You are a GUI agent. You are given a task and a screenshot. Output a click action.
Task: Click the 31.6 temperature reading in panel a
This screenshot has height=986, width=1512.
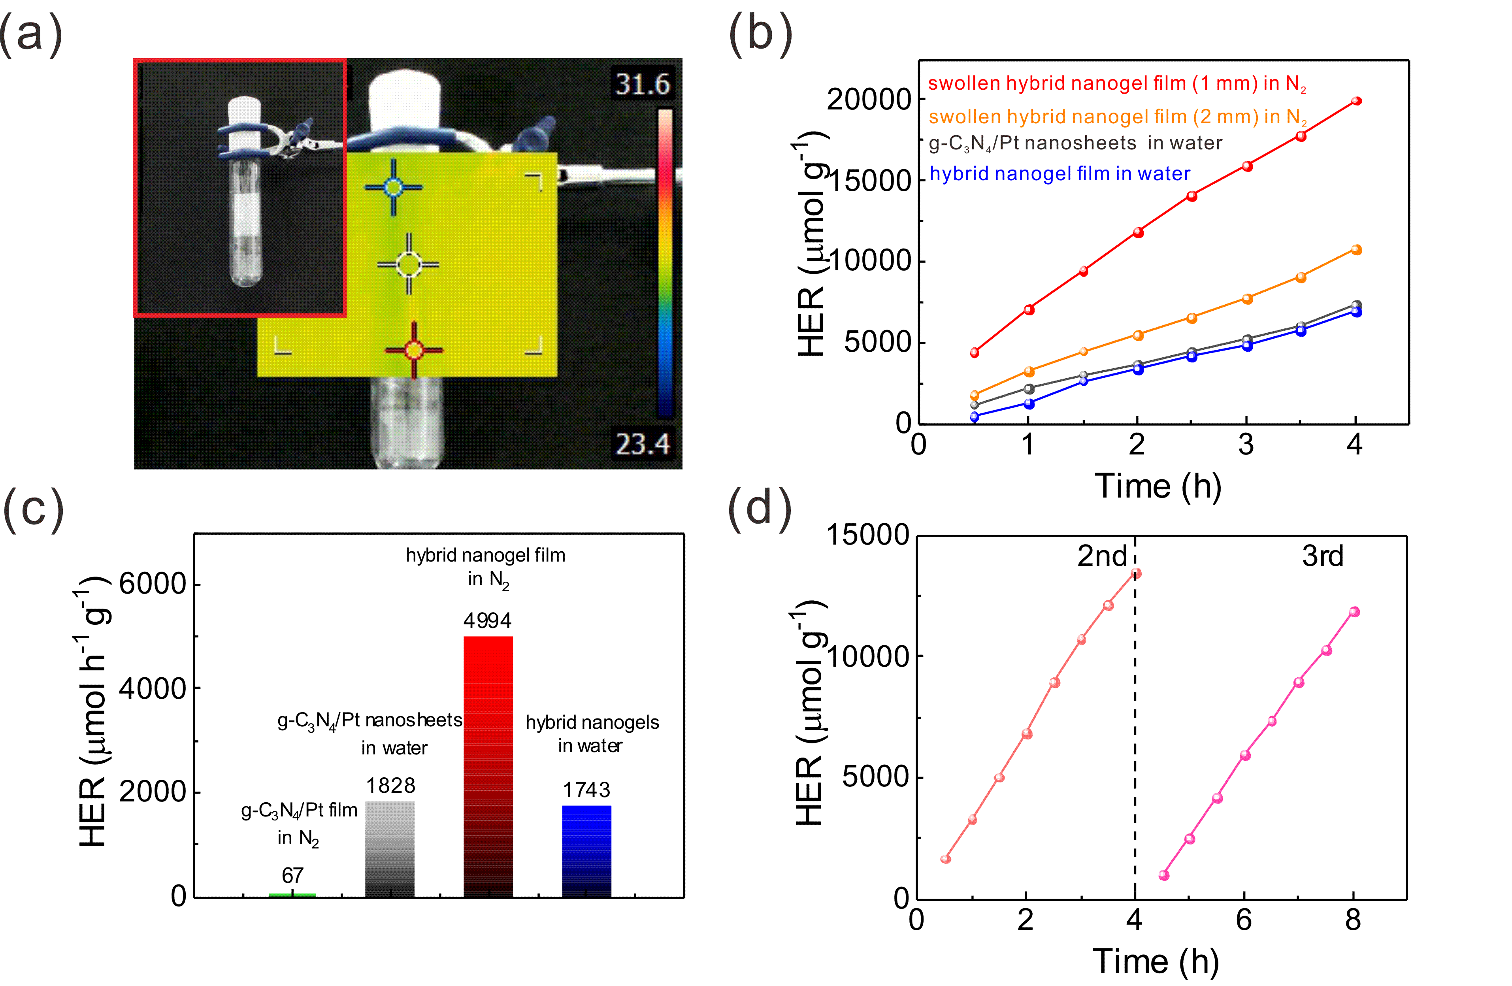tap(642, 84)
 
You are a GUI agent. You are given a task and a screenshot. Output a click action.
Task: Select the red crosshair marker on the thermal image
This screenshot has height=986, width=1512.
tap(414, 350)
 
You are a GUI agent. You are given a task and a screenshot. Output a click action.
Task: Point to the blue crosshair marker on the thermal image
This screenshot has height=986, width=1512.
tap(393, 187)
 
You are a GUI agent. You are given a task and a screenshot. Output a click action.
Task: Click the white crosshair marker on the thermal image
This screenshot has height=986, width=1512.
tap(409, 264)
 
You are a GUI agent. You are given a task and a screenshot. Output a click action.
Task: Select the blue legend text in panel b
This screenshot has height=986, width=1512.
tap(1060, 173)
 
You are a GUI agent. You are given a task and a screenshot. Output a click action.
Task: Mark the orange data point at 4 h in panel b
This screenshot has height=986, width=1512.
tap(1356, 250)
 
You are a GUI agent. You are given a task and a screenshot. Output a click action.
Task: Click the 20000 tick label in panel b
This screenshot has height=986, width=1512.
tap(869, 100)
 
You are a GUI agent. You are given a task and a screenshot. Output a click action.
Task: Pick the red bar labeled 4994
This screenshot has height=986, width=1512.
tap(488, 766)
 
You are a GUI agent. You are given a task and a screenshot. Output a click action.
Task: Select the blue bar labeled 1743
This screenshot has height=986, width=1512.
tap(586, 851)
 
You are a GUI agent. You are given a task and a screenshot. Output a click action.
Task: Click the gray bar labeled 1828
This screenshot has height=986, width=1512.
tap(389, 849)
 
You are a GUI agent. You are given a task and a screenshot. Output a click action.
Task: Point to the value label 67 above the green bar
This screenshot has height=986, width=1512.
tap(292, 875)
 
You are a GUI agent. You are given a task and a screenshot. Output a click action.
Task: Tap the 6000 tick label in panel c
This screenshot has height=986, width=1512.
tap(153, 584)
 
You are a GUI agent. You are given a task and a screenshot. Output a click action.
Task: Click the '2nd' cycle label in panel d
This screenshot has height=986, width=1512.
tap(1102, 556)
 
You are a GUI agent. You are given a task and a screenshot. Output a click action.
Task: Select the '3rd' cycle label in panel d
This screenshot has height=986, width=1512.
tap(1323, 556)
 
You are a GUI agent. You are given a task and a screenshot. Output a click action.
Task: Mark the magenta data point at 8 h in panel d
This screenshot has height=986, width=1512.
tap(1354, 612)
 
